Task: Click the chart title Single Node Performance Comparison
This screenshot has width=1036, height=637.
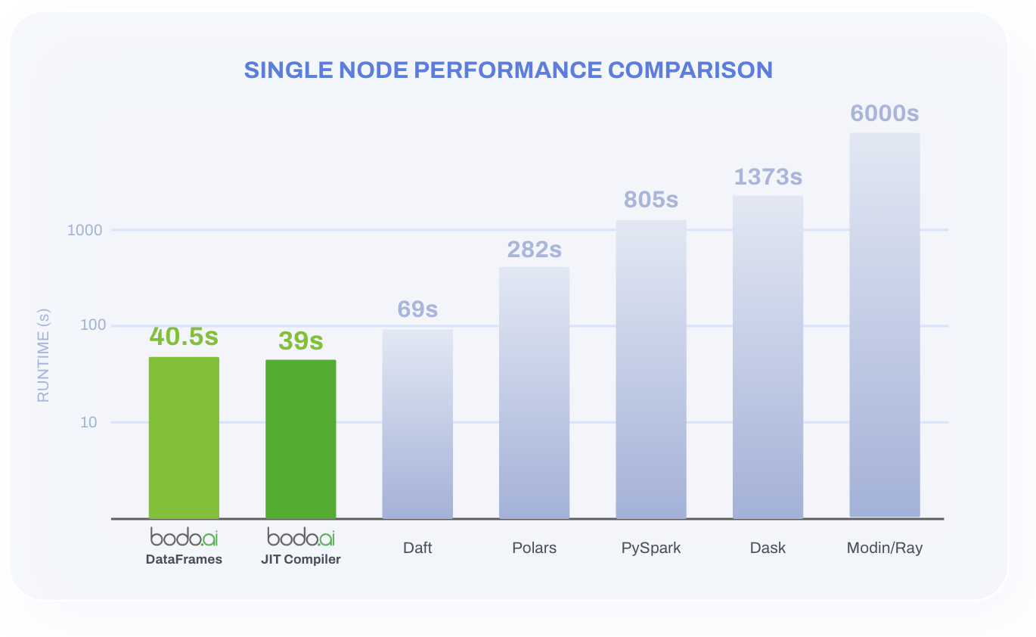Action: [508, 70]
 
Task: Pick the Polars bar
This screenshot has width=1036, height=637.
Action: [534, 393]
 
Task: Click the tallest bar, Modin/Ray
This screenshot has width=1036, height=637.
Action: [885, 325]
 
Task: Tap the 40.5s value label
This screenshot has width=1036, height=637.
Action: [184, 335]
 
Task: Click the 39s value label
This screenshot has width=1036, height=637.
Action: [300, 340]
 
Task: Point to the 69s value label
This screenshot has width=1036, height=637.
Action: [417, 309]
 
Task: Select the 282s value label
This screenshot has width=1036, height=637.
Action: [534, 249]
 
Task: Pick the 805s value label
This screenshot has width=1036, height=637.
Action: [651, 200]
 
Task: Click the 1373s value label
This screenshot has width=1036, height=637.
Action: [768, 176]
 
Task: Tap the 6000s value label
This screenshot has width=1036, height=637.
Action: [885, 113]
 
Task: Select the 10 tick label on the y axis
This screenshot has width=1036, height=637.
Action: [89, 422]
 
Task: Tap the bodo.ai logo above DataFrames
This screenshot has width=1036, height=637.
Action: [184, 537]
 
